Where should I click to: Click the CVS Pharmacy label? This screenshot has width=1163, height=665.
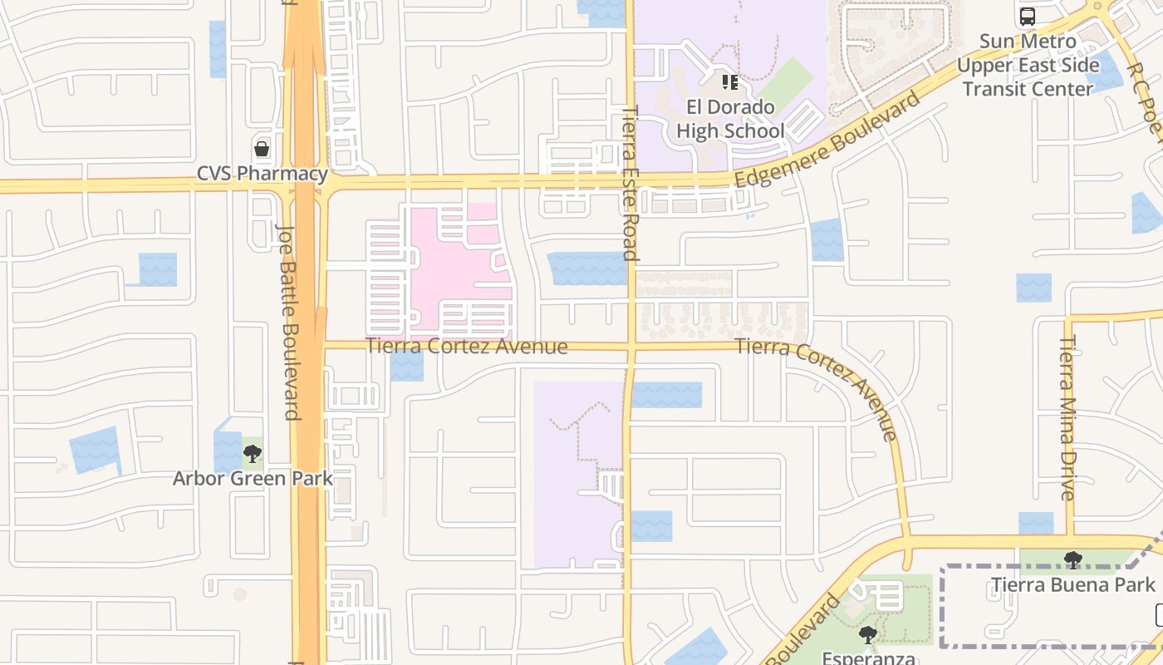pyautogui.click(x=262, y=174)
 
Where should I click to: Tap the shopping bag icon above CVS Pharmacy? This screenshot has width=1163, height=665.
pyautogui.click(x=262, y=150)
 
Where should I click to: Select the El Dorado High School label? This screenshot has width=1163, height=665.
pyautogui.click(x=730, y=119)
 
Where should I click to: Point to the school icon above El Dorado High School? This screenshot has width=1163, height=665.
pyautogui.click(x=730, y=82)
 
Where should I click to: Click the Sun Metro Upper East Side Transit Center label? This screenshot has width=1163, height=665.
pyautogui.click(x=1028, y=65)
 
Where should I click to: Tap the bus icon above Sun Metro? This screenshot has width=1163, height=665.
pyautogui.click(x=1028, y=17)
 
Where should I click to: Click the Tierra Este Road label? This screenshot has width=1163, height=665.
pyautogui.click(x=631, y=183)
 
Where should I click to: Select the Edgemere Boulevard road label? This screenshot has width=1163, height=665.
pyautogui.click(x=827, y=140)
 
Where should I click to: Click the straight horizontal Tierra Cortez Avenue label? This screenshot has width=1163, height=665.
pyautogui.click(x=467, y=346)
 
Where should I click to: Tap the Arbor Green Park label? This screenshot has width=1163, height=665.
pyautogui.click(x=253, y=478)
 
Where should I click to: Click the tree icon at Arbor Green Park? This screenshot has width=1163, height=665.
pyautogui.click(x=253, y=454)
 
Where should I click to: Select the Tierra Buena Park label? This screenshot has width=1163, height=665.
pyautogui.click(x=1072, y=584)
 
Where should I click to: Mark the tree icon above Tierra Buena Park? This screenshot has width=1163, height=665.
pyautogui.click(x=1072, y=560)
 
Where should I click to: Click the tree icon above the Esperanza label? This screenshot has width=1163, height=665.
pyautogui.click(x=868, y=635)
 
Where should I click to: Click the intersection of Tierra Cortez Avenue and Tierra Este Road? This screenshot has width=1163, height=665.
pyautogui.click(x=631, y=345)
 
